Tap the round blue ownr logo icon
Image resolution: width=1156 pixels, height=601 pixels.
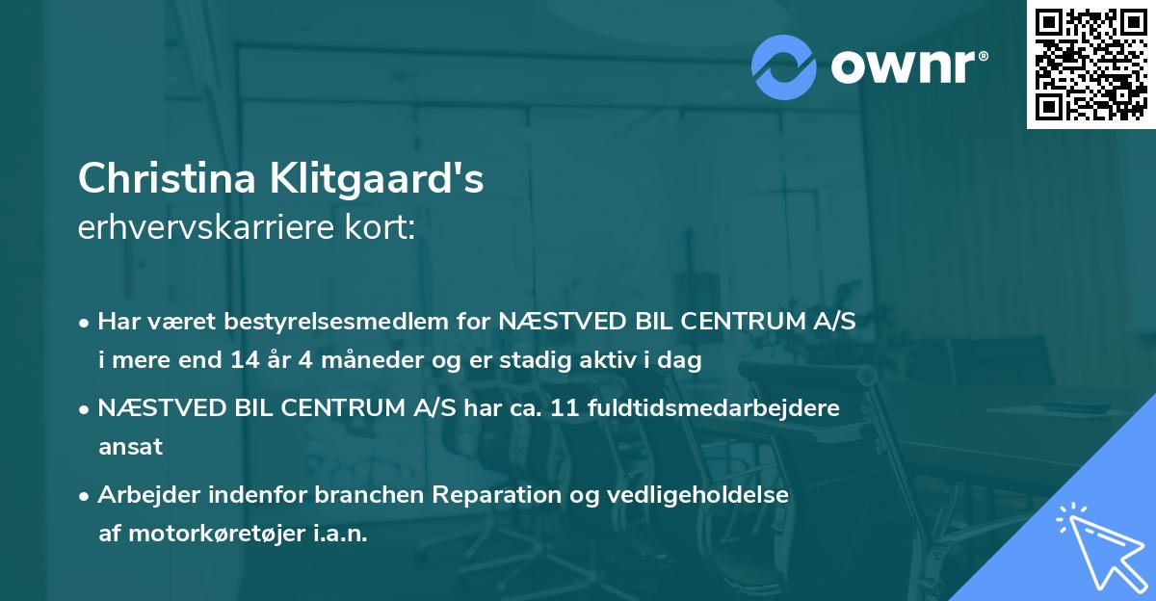[x=785, y=66]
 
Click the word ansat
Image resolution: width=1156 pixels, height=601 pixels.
[x=130, y=447]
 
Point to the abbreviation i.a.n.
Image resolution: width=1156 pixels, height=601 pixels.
[x=338, y=534]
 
